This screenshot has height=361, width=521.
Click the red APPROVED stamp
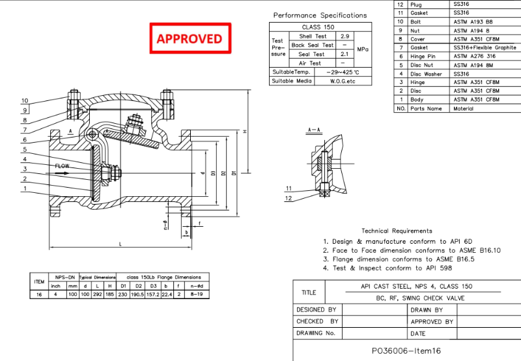[190, 38]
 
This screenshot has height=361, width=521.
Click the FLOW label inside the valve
[62, 166]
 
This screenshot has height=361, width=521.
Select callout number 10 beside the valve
[24, 101]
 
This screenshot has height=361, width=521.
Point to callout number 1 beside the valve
[24, 189]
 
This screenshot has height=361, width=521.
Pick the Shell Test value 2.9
[346, 36]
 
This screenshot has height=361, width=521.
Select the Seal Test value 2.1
[346, 54]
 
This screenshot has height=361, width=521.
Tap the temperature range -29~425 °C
[343, 72]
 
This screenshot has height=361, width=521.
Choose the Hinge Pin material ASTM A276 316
[476, 57]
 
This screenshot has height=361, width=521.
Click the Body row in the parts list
[417, 100]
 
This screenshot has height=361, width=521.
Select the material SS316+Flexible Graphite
[485, 48]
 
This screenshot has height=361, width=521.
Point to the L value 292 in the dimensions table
[96, 295]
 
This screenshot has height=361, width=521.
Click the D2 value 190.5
[137, 295]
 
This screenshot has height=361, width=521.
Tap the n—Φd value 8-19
[195, 295]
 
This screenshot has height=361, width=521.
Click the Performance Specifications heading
[320, 15]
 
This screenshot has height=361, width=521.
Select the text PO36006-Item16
[406, 350]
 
